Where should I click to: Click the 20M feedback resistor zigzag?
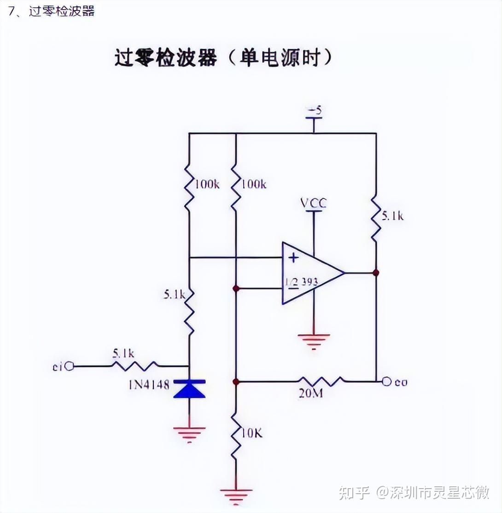pos(321,381)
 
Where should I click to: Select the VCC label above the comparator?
pos(313,203)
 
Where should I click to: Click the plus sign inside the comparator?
pos(294,257)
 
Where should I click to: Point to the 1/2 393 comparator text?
pos(301,282)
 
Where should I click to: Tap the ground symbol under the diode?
pos(189,433)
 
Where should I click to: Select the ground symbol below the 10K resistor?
pos(235,495)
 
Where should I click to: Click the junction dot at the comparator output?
pos(376,273)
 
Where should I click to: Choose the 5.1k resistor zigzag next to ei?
pos(134,366)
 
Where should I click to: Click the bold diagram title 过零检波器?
pos(165,58)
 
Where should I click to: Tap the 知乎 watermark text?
pos(354,493)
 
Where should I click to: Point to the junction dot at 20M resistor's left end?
pos(236,382)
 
